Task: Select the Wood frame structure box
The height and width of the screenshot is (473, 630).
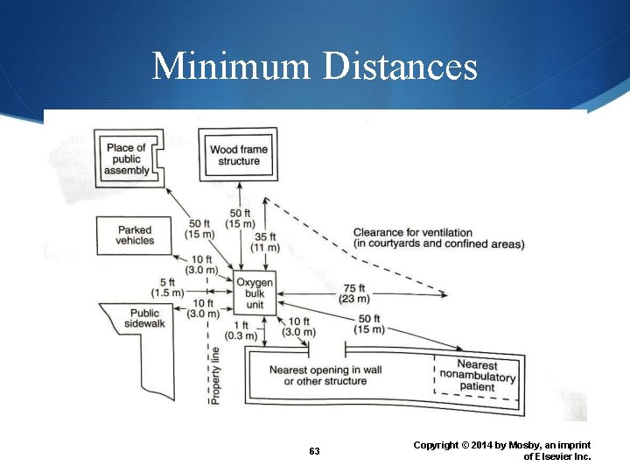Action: point(239,155)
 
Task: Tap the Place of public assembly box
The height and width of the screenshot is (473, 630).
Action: point(128,159)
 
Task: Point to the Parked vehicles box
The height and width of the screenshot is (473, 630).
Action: point(135,235)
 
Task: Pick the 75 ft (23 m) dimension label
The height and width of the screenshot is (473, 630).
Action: point(354,293)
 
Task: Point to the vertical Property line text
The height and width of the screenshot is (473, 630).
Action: point(215,375)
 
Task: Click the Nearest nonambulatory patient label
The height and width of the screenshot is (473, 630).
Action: point(477,376)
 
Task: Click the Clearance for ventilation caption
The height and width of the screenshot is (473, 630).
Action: point(438,238)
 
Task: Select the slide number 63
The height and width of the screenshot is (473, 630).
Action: point(314,451)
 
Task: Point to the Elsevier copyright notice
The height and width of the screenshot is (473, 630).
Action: point(502,450)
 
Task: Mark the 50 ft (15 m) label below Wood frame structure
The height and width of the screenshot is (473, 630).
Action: point(241,218)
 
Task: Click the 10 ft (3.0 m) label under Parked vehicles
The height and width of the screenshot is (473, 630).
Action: point(202,265)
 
